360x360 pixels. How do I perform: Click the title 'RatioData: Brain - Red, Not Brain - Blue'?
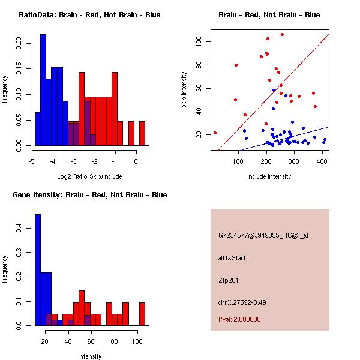click(x=89, y=15)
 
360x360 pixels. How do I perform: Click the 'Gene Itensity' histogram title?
click(x=89, y=195)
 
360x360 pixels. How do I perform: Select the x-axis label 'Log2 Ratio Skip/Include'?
click(x=89, y=176)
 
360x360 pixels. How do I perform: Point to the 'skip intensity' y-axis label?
click(x=184, y=89)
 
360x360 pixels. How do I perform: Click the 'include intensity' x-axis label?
click(x=269, y=176)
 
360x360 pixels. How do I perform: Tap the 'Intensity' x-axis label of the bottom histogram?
click(x=89, y=356)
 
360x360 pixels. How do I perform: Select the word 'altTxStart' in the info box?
click(x=232, y=258)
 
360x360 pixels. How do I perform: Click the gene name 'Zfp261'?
click(x=229, y=280)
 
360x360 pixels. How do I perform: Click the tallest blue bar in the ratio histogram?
click(x=43, y=90)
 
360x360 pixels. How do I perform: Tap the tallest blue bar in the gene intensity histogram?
click(x=38, y=270)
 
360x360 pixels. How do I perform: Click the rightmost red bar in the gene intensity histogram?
click(x=142, y=314)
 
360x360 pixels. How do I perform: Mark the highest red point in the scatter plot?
click(x=282, y=34)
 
